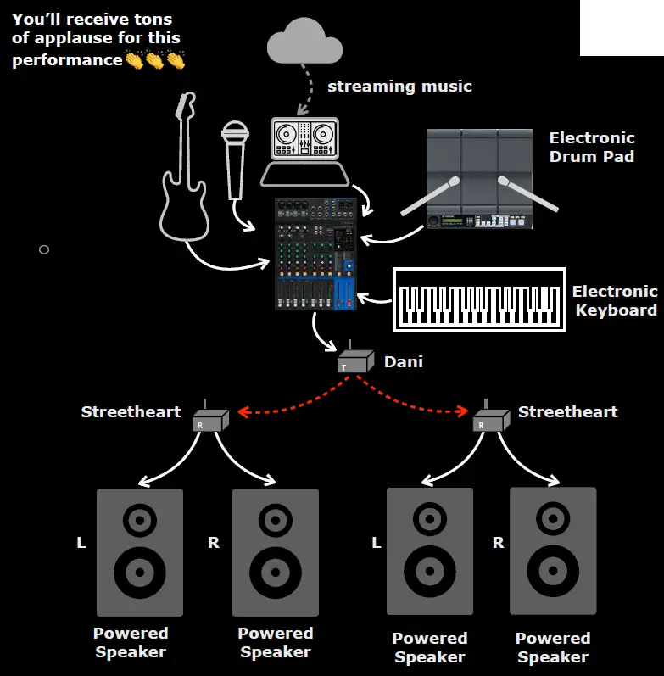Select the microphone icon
pos(235,157)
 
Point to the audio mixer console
pos(315,254)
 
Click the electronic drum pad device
pos(479,179)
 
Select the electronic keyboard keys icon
pos(479,299)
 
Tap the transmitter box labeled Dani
pos(354,363)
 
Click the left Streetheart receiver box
pos(209,420)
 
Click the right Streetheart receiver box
pos(488,420)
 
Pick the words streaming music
pos(399,87)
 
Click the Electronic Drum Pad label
pos(591,147)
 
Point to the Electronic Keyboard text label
pos(615,300)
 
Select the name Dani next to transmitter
pos(404,361)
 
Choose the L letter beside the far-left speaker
pos(81,543)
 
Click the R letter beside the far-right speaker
pos(499,543)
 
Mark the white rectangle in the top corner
pos(622,27)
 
